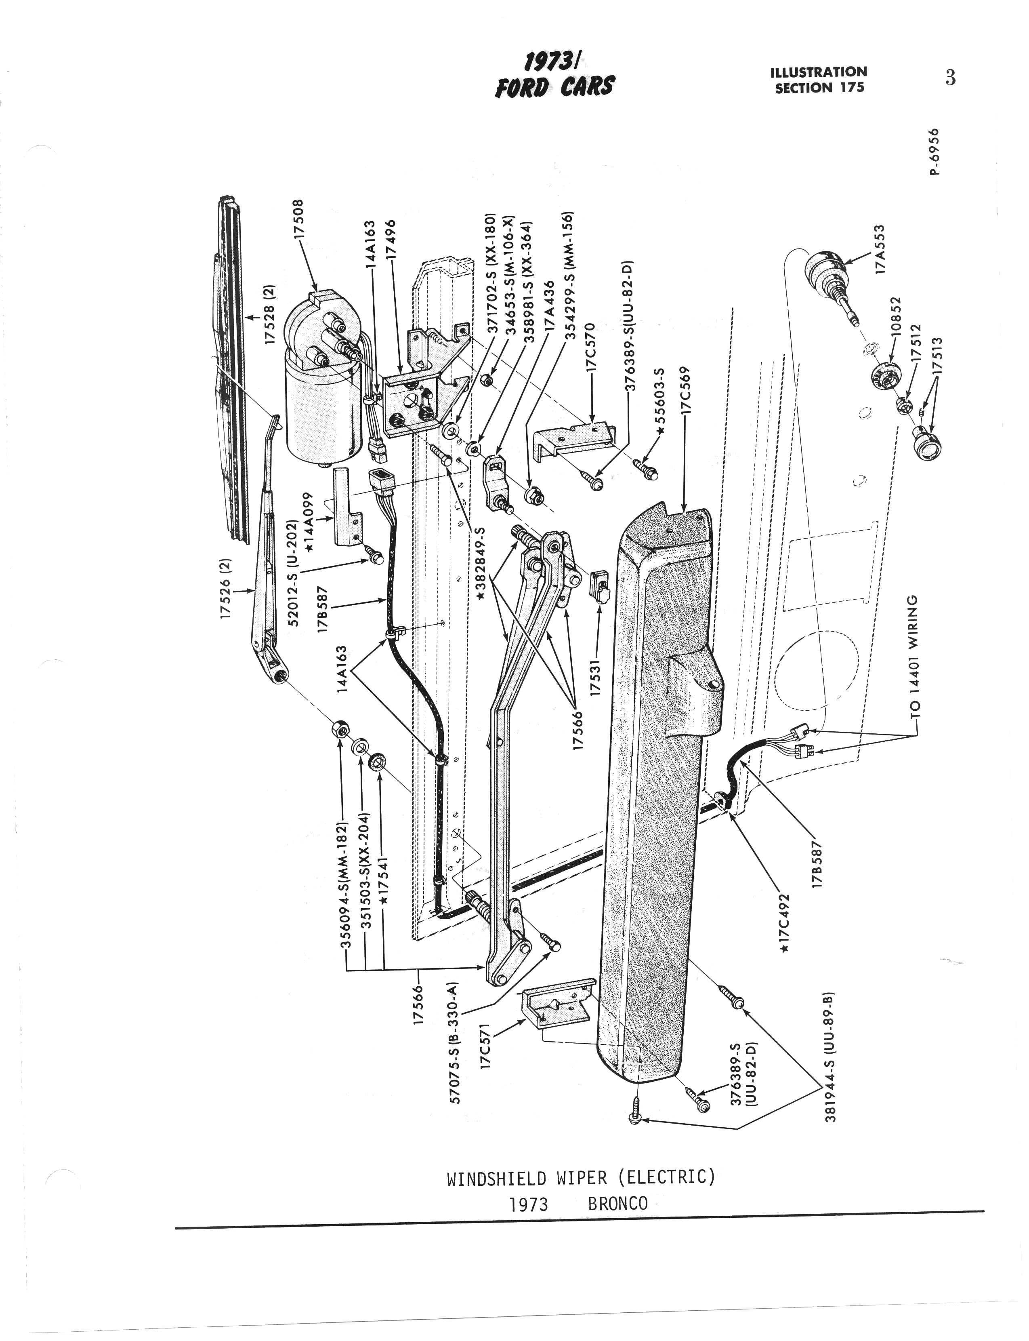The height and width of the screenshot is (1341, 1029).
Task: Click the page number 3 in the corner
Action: click(x=950, y=78)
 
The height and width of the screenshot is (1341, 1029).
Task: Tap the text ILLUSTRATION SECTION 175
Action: click(x=819, y=80)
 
